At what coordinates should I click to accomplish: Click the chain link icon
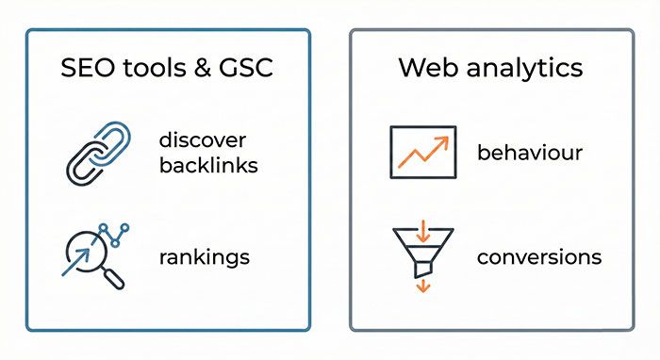(98, 153)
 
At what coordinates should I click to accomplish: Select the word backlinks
(208, 166)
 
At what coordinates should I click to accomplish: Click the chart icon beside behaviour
(422, 152)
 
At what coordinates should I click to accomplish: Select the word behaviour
(530, 152)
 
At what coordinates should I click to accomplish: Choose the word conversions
(538, 256)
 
